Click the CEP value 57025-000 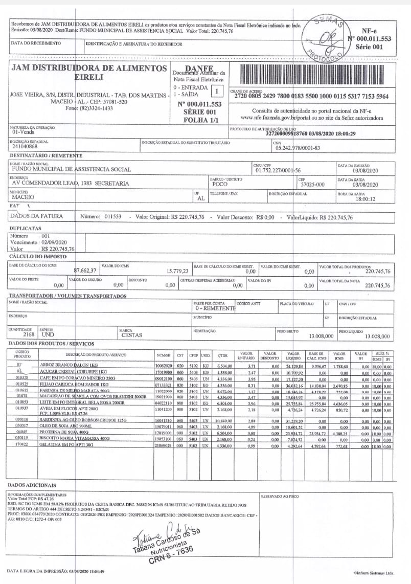coord(312,184)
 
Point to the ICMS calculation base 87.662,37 coord(85,271)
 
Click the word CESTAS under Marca coord(131,335)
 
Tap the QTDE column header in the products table coord(222,354)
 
